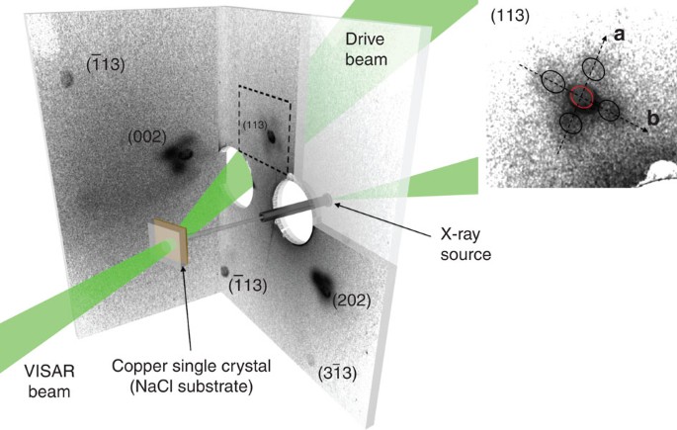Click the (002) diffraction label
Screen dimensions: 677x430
pyautogui.click(x=146, y=135)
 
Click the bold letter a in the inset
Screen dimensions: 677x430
pyautogui.click(x=619, y=35)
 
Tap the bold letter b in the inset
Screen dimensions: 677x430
pyautogui.click(x=652, y=120)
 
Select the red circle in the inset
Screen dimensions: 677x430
pyautogui.click(x=581, y=97)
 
